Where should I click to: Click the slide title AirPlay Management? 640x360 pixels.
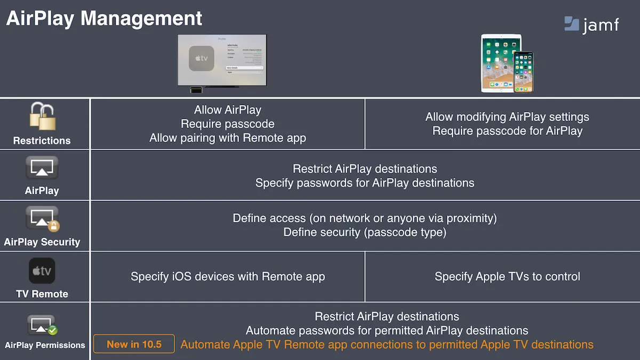coord(104,18)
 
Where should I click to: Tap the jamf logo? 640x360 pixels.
coord(591,24)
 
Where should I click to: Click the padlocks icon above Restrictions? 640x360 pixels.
coord(42,116)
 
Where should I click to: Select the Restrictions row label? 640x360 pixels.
coord(42,141)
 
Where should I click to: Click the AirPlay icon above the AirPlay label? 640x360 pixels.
coord(42,167)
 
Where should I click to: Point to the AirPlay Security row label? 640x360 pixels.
coord(42,242)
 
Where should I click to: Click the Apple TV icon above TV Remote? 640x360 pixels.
coord(42,271)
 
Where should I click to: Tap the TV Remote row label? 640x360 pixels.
coord(42,294)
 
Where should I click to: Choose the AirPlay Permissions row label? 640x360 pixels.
coord(45,345)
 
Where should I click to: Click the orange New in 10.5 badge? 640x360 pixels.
coord(134,344)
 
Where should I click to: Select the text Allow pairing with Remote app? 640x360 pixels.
coord(228,138)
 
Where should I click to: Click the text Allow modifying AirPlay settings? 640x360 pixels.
coord(507,117)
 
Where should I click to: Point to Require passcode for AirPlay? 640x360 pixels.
coord(507,131)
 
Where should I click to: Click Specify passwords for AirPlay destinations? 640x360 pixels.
coord(365,183)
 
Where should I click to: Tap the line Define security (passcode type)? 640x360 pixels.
coord(365,233)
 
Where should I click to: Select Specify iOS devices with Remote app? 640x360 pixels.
coord(228,276)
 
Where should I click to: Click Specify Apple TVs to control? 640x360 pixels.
coord(507,276)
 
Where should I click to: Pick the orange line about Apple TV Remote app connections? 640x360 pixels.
coord(387,345)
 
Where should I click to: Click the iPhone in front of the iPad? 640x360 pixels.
coord(523,72)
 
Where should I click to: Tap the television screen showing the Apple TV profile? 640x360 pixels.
coord(222,60)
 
